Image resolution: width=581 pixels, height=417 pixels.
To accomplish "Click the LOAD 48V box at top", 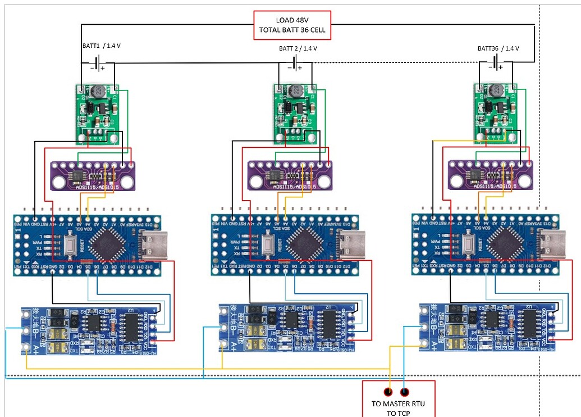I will tap(292, 25).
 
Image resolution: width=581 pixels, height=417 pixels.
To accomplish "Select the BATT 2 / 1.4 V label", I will tap(298, 48).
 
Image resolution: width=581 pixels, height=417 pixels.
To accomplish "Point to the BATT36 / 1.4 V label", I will tap(498, 48).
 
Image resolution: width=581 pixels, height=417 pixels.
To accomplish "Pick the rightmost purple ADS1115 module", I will tap(488, 175).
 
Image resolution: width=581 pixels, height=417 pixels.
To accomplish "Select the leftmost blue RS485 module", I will tap(90, 330).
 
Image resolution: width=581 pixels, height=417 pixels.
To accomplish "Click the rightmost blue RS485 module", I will tap(488, 328).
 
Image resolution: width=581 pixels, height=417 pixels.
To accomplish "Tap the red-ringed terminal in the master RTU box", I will tap(388, 392).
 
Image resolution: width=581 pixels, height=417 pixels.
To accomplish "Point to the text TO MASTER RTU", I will tap(399, 404).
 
